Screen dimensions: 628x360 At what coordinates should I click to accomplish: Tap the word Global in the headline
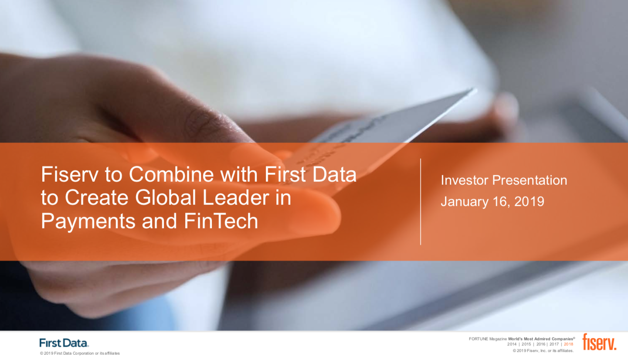coord(166,198)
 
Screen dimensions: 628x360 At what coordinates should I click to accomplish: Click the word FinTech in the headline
coord(221,221)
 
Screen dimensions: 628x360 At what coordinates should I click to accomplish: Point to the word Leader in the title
coord(235,198)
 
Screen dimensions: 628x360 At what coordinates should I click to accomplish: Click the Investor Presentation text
coord(504,180)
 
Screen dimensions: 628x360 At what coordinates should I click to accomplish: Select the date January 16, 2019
coord(492,202)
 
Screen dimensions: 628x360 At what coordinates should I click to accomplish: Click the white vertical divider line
coord(421,202)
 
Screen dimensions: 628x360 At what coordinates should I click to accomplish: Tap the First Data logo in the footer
coord(64,343)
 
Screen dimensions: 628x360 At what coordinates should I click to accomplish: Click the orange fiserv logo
coord(599,342)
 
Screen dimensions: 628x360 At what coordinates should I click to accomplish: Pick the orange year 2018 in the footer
coord(569,344)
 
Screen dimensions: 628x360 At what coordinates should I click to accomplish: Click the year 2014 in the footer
coord(512,344)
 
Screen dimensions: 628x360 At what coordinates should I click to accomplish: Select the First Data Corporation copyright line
coord(80,353)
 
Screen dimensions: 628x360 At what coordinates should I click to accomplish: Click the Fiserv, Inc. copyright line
coord(543,351)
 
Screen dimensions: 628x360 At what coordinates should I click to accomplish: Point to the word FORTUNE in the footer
coord(479,339)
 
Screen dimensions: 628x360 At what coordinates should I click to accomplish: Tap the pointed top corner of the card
coord(475,90)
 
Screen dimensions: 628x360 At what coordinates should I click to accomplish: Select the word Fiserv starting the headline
coord(70,174)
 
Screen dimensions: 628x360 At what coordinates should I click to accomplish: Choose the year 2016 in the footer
coord(541,344)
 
